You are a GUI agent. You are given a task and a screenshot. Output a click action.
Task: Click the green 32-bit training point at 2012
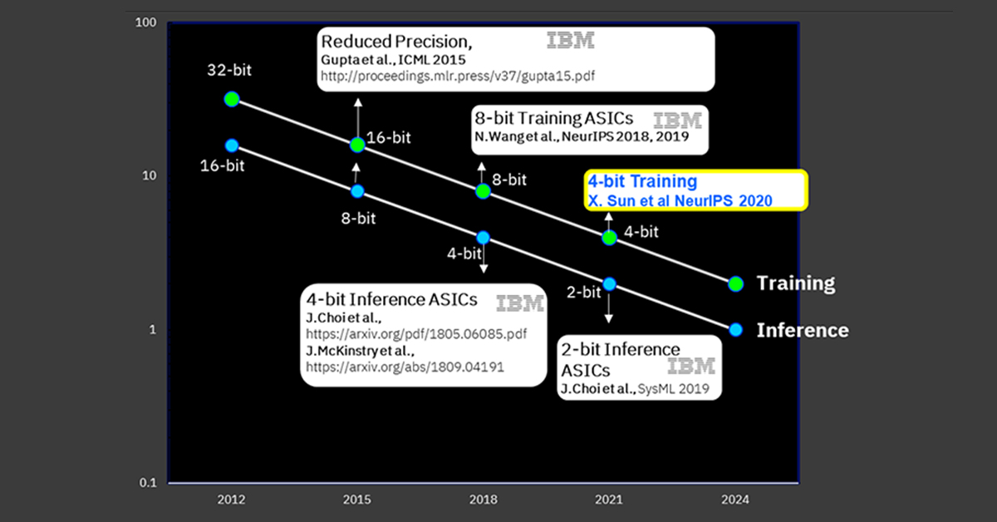pyautogui.click(x=232, y=99)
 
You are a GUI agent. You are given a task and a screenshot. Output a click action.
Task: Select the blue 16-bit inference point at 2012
pyautogui.click(x=232, y=145)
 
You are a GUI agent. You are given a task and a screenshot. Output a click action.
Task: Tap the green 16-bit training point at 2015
pyautogui.click(x=357, y=145)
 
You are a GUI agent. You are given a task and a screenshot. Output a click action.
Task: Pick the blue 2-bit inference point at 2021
pyautogui.click(x=609, y=283)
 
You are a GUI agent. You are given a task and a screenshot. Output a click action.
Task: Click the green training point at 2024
pyautogui.click(x=736, y=283)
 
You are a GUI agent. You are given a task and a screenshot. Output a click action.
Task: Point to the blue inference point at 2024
pyautogui.click(x=736, y=330)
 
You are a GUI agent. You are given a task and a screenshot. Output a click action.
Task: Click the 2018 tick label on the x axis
pyautogui.click(x=483, y=500)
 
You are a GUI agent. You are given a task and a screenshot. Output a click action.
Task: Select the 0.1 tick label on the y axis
pyautogui.click(x=148, y=482)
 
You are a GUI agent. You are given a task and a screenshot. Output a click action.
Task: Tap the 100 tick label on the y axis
pyautogui.click(x=145, y=22)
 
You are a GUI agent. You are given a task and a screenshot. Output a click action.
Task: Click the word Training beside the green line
pyautogui.click(x=796, y=283)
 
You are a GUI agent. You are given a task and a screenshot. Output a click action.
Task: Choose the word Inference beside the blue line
pyautogui.click(x=803, y=330)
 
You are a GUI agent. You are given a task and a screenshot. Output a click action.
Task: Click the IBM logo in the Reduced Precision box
pyautogui.click(x=570, y=40)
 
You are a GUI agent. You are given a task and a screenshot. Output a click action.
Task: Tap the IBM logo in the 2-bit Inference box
pyautogui.click(x=690, y=366)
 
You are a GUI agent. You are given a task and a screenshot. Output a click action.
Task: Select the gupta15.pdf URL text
pyautogui.click(x=458, y=76)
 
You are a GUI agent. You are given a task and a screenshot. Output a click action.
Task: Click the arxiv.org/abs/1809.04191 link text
pyautogui.click(x=405, y=367)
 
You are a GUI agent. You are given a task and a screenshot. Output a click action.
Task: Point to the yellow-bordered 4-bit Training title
pyautogui.click(x=642, y=181)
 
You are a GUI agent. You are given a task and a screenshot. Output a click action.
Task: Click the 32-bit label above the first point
pyautogui.click(x=229, y=70)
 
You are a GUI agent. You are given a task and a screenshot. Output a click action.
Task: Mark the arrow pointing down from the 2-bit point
pyautogui.click(x=609, y=307)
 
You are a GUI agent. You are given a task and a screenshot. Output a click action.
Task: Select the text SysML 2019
pyautogui.click(x=673, y=389)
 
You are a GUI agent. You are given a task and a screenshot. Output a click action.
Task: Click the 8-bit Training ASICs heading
pyautogui.click(x=553, y=118)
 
